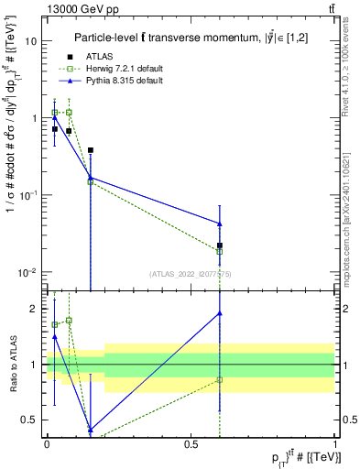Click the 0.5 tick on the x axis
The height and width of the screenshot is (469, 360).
coord(191,444)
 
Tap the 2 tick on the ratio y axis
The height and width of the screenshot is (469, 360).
coord(35,309)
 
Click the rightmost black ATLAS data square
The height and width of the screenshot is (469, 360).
coord(220,245)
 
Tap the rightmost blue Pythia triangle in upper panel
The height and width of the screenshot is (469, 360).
coord(220,224)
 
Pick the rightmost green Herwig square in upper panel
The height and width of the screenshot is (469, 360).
coord(220,251)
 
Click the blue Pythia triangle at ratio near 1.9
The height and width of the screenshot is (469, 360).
coord(220,313)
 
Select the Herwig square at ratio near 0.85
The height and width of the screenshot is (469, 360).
coord(220,379)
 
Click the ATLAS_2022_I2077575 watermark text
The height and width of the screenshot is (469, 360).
coord(191,274)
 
